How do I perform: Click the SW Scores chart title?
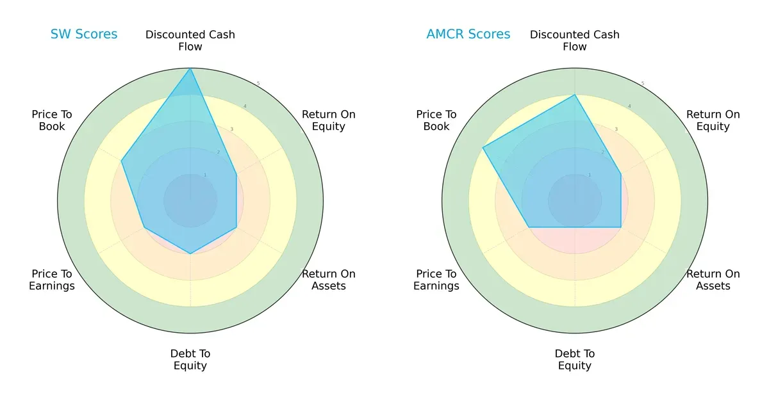point(84,35)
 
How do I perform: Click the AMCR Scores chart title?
point(468,35)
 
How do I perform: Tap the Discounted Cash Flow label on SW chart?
point(190,40)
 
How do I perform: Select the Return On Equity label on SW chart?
point(329,120)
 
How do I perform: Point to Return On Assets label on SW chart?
point(329,280)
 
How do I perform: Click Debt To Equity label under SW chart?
point(190,360)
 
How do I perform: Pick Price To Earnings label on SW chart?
point(52,280)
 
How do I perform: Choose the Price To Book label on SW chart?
point(52,120)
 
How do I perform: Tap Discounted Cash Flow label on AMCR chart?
point(575,40)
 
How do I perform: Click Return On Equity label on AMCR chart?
point(713,120)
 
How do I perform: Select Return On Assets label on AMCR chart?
point(713,280)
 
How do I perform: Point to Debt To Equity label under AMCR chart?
point(575,360)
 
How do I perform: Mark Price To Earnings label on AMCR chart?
point(436,280)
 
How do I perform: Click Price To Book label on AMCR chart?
point(436,120)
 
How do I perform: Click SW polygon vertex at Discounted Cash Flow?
point(190,68)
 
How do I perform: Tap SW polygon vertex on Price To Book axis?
point(122,161)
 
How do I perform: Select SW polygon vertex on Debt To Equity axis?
point(190,253)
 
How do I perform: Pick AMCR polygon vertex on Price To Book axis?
point(483,148)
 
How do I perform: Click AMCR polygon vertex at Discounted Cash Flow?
point(575,95)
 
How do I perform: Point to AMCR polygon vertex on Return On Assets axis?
point(621,227)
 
